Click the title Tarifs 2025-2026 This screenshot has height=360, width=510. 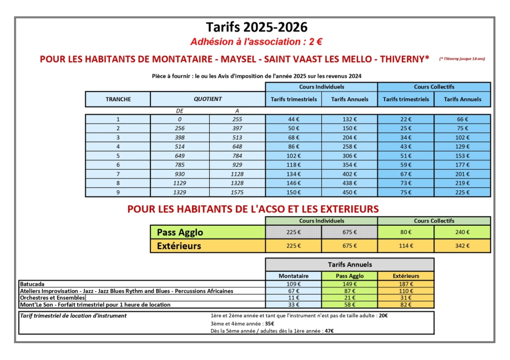[256, 27]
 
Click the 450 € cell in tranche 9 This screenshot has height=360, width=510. [350, 192]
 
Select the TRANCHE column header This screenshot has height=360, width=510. [118, 99]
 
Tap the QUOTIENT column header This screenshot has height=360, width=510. [208, 99]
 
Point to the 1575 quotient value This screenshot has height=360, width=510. [238, 192]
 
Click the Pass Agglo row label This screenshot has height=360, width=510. [180, 232]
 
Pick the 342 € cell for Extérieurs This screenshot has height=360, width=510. [462, 246]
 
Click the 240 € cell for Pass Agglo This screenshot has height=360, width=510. [462, 232]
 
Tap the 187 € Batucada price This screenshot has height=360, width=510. [406, 283]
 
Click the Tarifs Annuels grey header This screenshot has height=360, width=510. [350, 265]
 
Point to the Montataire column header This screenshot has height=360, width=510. [294, 276]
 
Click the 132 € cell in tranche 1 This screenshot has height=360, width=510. [350, 119]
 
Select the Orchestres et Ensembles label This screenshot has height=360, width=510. [52, 298]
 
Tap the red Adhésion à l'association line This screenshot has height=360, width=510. [256, 42]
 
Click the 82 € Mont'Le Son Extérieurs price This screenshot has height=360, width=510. [406, 305]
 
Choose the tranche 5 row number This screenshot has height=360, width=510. [118, 156]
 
